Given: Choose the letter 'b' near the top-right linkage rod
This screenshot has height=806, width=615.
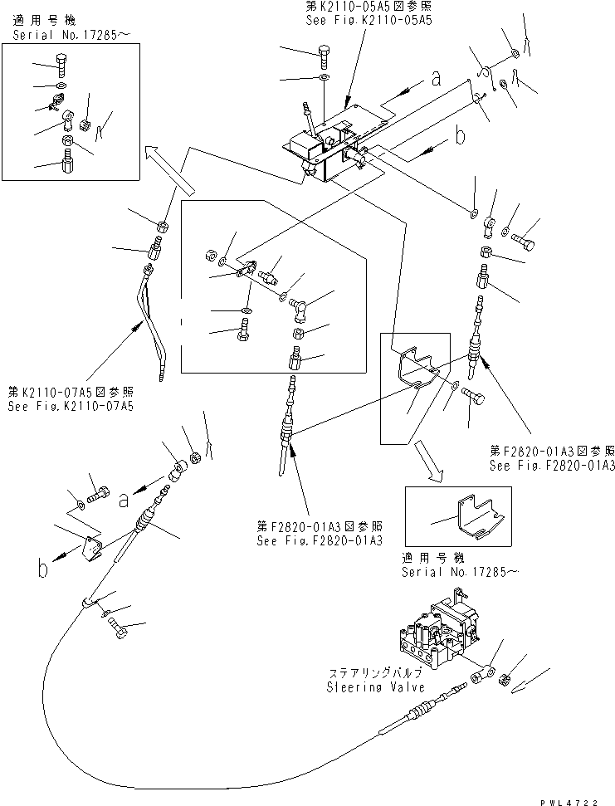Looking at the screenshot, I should click(x=458, y=134).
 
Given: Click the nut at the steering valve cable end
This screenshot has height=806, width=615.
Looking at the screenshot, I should click(x=507, y=681).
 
